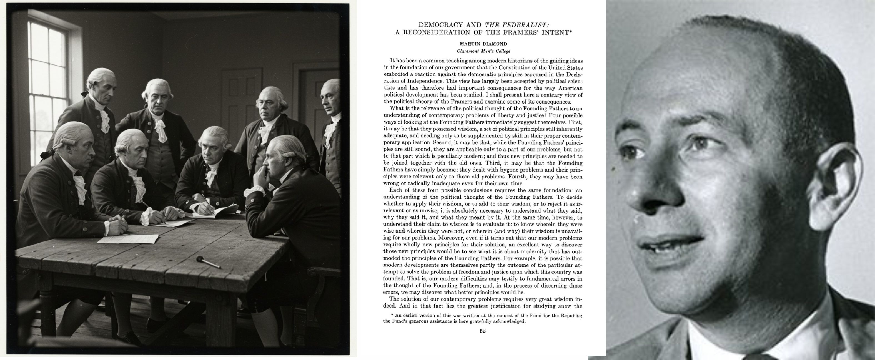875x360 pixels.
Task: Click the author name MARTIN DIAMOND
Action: coord(483,44)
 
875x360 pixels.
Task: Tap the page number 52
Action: coord(482,331)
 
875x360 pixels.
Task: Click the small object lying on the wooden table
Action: coord(208,262)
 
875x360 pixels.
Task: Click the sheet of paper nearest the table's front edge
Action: coord(128,238)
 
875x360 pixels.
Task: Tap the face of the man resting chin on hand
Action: coord(277,163)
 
